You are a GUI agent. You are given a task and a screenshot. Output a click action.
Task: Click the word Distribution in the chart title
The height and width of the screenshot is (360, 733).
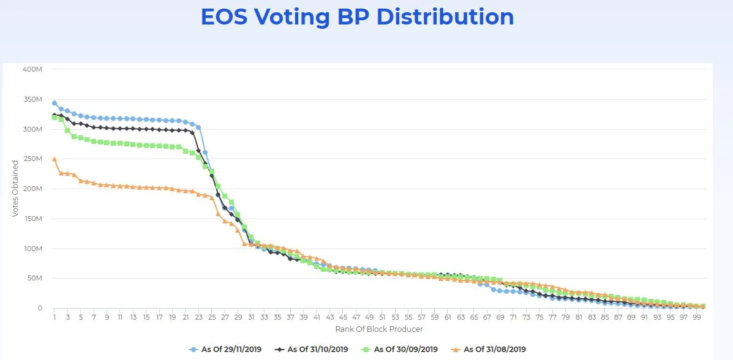445,17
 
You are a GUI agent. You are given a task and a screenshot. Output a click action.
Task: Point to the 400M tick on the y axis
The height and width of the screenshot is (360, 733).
32,69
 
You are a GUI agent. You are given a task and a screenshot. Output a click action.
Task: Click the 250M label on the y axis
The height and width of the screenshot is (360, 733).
32,159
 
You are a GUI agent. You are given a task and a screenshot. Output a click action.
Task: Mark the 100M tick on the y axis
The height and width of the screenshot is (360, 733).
32,249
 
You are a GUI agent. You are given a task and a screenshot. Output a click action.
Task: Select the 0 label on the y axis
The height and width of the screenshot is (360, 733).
39,308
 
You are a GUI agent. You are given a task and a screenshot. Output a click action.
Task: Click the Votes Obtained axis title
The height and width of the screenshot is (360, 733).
15,189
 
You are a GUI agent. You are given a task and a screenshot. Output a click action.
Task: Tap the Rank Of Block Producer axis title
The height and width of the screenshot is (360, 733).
379,329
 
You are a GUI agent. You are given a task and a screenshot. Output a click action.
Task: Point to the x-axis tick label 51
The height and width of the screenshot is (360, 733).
382,318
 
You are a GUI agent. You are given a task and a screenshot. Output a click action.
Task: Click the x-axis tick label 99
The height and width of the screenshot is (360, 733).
697,318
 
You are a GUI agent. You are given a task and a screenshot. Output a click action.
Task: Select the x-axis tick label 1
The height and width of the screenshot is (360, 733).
55,318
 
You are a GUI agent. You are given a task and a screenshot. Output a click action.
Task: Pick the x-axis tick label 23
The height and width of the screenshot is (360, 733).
199,318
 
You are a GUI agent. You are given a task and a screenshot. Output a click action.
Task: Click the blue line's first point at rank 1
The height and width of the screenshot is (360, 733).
55,103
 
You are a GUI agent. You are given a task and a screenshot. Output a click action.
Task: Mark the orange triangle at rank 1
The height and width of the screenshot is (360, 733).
55,159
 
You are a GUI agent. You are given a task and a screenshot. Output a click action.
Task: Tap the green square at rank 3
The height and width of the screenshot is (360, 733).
67,130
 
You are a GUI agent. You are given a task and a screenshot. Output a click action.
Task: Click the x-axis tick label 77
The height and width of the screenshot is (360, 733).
552,318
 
